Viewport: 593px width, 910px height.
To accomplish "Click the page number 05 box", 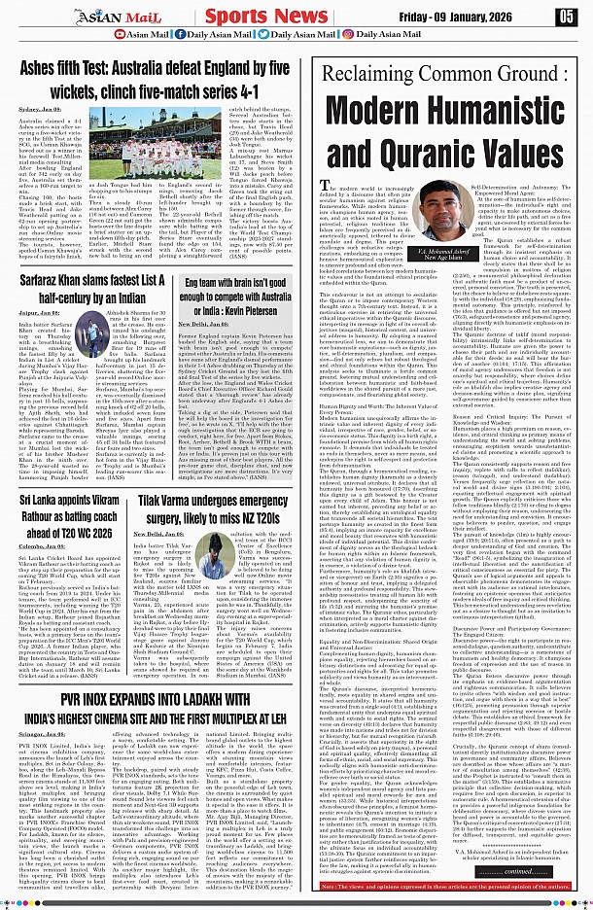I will [566, 16].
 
